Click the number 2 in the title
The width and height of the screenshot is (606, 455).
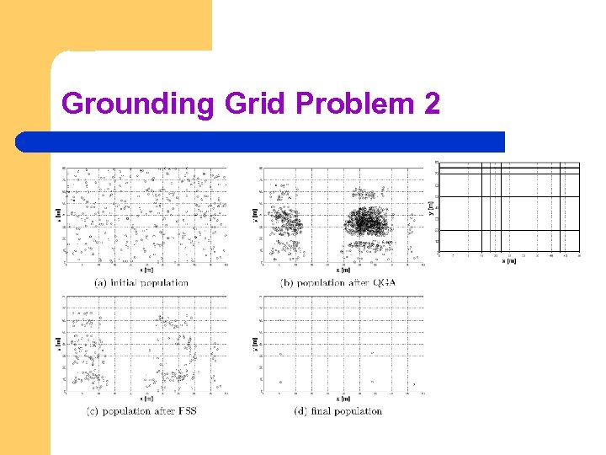[x=431, y=104]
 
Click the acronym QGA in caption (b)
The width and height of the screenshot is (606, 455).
[x=382, y=283]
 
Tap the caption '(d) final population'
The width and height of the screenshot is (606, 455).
[x=338, y=411]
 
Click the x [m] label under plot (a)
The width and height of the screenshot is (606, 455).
[x=146, y=270]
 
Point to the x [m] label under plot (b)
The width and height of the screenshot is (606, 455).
[x=343, y=270]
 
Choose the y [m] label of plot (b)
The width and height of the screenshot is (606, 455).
[x=255, y=215]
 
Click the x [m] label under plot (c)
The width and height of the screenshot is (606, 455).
[x=146, y=399]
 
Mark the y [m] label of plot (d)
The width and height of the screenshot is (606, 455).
[x=255, y=343]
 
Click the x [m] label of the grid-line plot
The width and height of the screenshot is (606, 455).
[x=509, y=261]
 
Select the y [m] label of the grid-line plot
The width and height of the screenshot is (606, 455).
[x=430, y=206]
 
